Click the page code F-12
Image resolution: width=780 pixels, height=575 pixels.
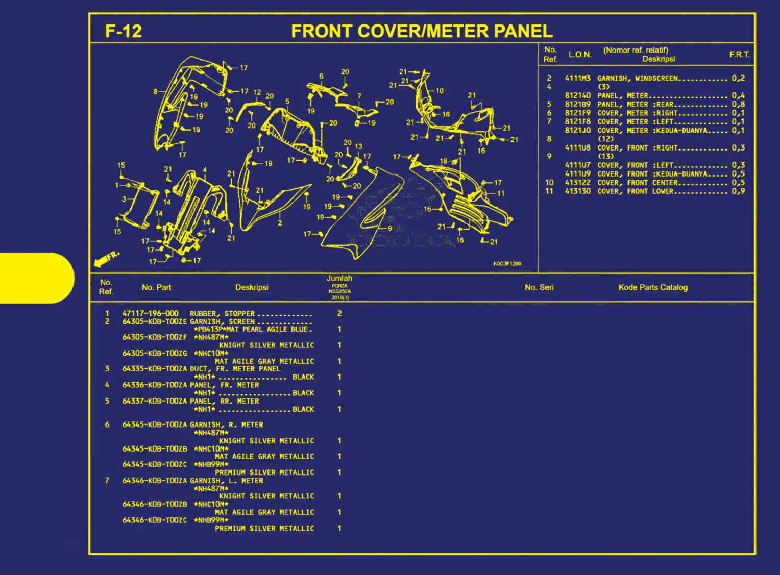point(123,32)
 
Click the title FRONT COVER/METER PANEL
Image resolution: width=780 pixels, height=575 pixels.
point(422,32)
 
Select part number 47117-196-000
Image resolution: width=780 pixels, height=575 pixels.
point(150,313)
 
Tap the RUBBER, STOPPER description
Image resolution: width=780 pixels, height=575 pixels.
point(222,313)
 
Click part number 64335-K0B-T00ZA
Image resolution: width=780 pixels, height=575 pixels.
point(154,368)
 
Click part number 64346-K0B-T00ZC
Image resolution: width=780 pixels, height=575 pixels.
point(154,520)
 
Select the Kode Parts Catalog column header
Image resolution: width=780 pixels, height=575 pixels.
point(653,287)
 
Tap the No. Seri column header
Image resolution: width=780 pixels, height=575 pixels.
point(539,287)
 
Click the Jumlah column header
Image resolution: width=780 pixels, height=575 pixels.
point(339,278)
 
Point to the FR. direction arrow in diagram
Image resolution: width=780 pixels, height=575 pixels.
point(106,259)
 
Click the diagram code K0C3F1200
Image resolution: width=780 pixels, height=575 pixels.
point(507,264)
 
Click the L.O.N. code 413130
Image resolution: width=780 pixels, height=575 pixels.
point(577,191)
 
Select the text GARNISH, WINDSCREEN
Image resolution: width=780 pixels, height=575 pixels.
point(638,78)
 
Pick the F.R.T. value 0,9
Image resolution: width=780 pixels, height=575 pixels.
point(738,191)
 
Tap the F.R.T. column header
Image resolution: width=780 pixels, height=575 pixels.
point(739,54)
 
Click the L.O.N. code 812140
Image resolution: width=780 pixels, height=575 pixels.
point(577,95)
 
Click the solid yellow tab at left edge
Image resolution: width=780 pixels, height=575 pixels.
point(36,278)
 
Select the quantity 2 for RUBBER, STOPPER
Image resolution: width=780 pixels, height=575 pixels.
point(339,313)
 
